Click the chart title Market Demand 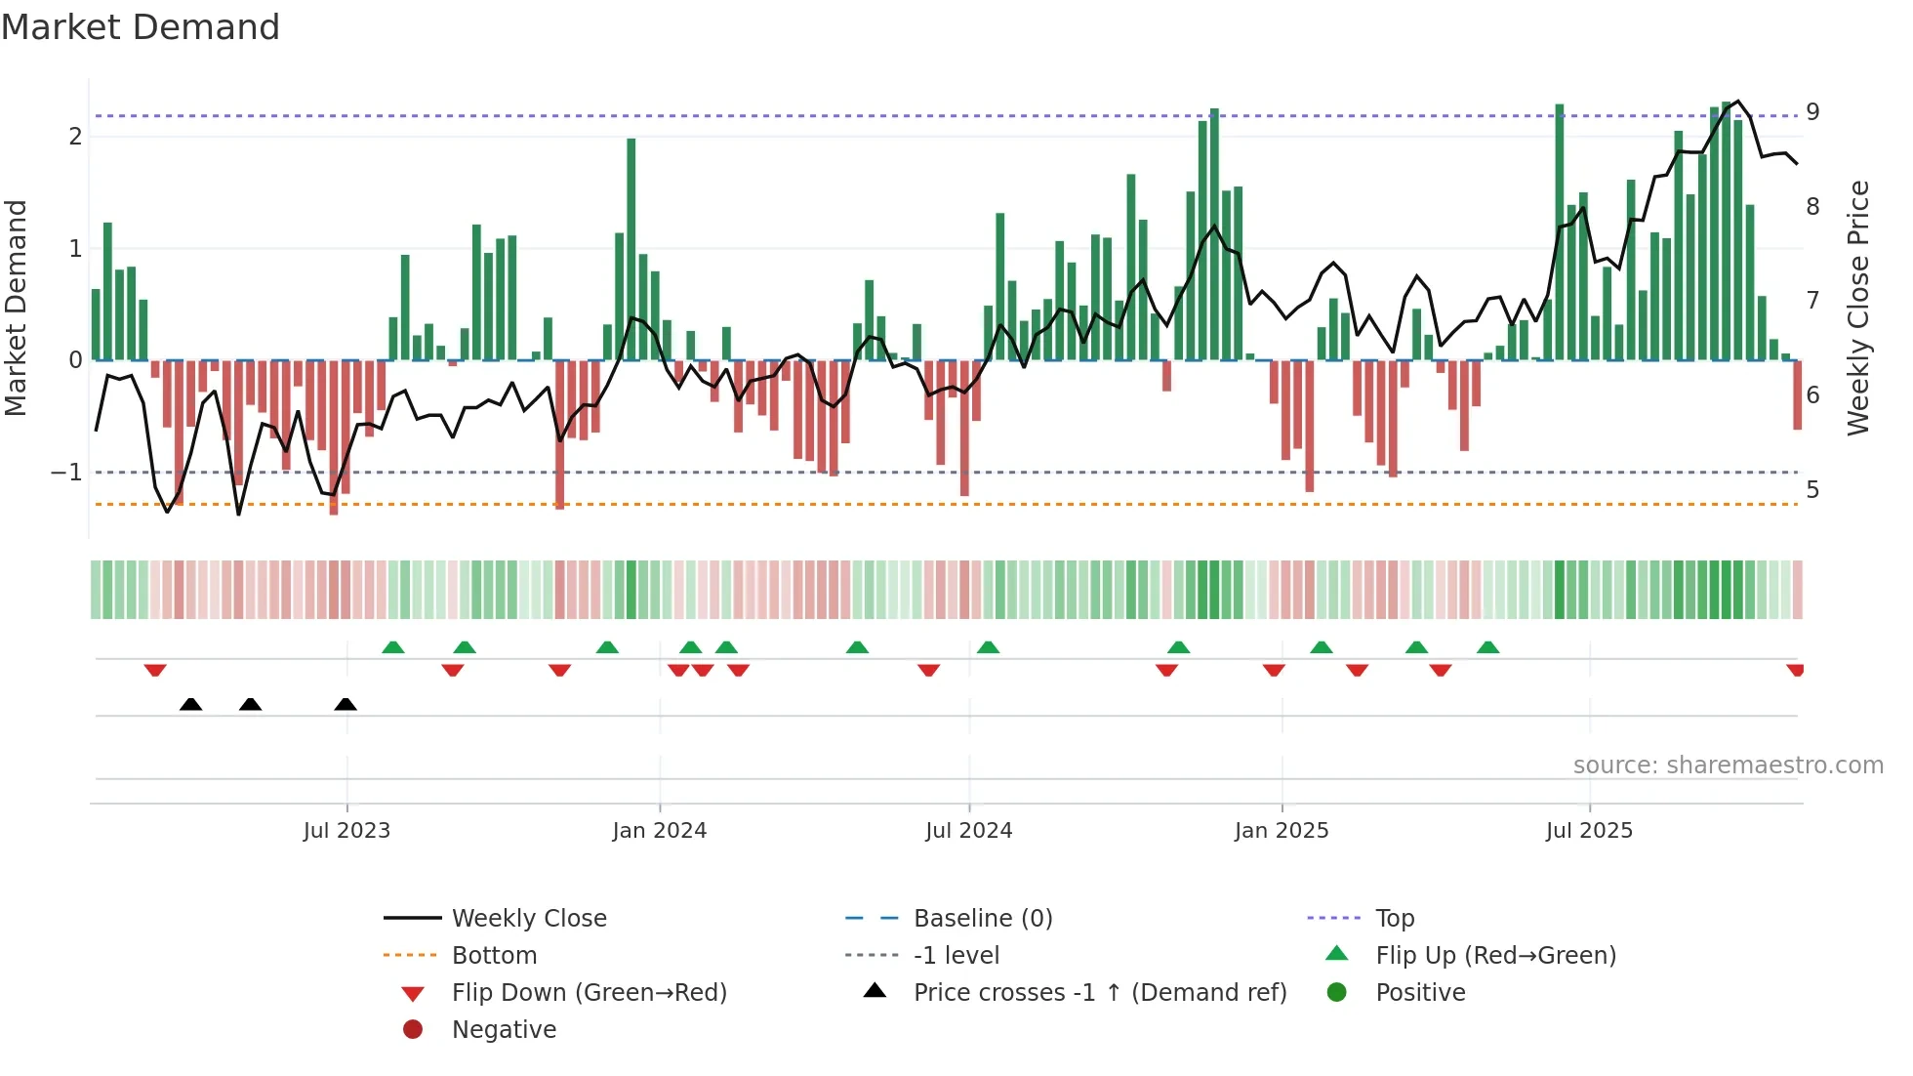pos(141,27)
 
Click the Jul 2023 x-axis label pos(346,831)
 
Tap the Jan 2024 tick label pos(659,831)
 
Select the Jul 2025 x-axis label pos(1589,831)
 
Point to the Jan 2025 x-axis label pos(1282,831)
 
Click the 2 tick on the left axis pos(75,137)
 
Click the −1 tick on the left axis pos(66,473)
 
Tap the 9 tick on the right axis pos(1812,112)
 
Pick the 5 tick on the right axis pos(1812,490)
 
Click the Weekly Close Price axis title pos(1858,308)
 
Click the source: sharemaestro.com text pos(1728,766)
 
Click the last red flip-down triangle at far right pos(1795,670)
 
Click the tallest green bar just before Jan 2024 pos(631,249)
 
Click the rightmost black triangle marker pos(346,704)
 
